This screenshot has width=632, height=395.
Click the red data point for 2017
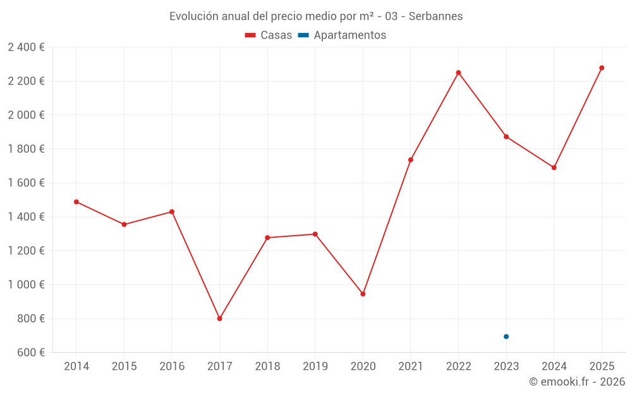click(x=219, y=319)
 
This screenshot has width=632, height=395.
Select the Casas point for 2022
click(x=458, y=73)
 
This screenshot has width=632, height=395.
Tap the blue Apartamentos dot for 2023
click(x=506, y=336)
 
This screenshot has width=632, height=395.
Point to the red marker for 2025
click(x=602, y=68)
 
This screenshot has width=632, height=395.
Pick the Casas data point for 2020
click(x=363, y=294)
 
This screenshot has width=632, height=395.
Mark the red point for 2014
click(x=76, y=202)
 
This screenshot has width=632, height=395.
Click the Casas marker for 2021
click(x=411, y=160)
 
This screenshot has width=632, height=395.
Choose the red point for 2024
click(x=554, y=167)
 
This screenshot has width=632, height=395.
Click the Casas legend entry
click(x=269, y=35)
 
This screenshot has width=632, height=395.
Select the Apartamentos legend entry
click(x=342, y=35)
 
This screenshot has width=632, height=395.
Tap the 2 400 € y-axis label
click(x=26, y=47)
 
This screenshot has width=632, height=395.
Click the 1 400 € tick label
click(x=26, y=217)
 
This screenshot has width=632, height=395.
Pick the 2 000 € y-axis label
click(x=26, y=115)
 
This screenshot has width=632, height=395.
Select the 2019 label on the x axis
click(x=315, y=366)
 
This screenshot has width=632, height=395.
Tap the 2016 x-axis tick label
click(x=172, y=366)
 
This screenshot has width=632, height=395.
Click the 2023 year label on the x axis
click(x=506, y=366)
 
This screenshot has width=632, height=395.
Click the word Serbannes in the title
click(x=435, y=16)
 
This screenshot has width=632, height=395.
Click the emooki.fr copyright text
click(x=577, y=382)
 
